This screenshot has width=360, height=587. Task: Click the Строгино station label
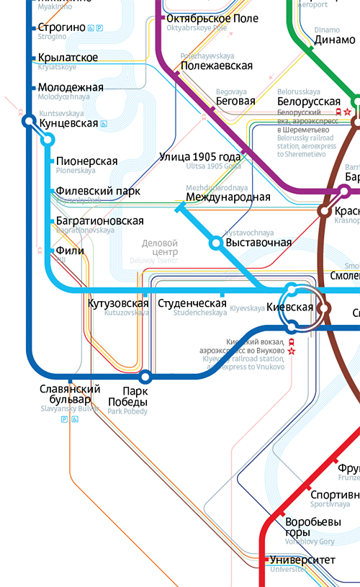coord(61,27)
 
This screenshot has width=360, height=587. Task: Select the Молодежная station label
coord(71,88)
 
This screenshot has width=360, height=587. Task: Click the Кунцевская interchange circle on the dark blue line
coord(29,122)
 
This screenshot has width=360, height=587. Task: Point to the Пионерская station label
coord(86,162)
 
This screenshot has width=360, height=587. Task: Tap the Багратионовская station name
coord(99,221)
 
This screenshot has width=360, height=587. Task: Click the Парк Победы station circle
coord(145,376)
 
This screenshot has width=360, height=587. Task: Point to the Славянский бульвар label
coord(66,394)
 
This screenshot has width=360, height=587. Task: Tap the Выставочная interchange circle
coord(215,243)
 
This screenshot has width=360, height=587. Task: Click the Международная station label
coord(228,197)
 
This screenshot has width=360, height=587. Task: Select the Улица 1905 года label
coord(199,157)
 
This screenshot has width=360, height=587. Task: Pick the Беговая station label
coord(235,102)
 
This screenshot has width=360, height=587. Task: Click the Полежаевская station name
coord(217,66)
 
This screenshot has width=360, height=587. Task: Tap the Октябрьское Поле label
coord(212,18)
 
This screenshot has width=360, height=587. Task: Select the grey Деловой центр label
coord(160,247)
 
